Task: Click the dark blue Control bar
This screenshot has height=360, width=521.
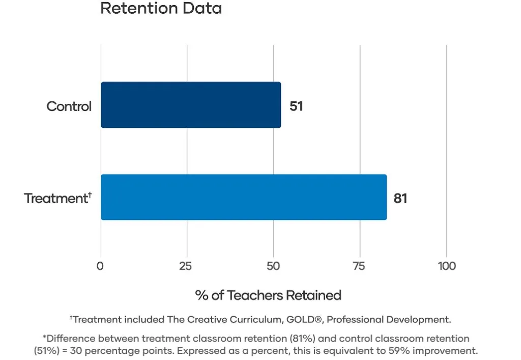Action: (191, 105)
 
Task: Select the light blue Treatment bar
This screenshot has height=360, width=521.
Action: (244, 197)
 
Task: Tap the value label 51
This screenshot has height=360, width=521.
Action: (296, 106)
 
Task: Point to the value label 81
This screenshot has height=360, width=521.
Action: (400, 198)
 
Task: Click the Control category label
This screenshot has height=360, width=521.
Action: (69, 106)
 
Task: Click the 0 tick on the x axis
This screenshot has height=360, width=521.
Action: (100, 266)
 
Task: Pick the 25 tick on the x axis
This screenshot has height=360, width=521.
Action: (186, 266)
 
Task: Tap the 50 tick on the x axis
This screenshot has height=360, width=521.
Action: (273, 266)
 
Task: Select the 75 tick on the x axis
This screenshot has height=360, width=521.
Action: (359, 266)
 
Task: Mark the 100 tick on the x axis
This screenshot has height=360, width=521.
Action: (447, 266)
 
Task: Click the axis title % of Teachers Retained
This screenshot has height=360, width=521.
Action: (268, 295)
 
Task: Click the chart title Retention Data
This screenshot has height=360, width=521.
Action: (161, 9)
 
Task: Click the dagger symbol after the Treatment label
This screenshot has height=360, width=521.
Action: (90, 193)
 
